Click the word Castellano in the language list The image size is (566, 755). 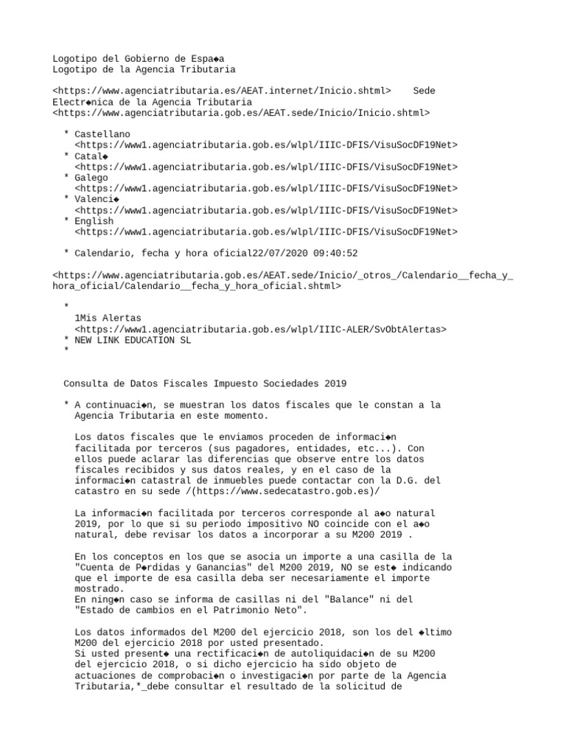pyautogui.click(x=102, y=134)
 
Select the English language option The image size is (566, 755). pyautogui.click(x=94, y=221)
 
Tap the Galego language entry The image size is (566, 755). pyautogui.click(x=91, y=178)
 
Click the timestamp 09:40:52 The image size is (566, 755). pyautogui.click(x=336, y=254)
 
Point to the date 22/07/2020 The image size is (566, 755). pyautogui.click(x=282, y=254)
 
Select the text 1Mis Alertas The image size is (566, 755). pyautogui.click(x=108, y=319)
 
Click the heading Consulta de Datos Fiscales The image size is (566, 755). pyautogui.click(x=205, y=383)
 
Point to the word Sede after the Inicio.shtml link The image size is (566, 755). pyautogui.click(x=424, y=91)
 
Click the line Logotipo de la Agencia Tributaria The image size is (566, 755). pyautogui.click(x=144, y=69)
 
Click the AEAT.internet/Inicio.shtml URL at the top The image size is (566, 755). pyautogui.click(x=222, y=91)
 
